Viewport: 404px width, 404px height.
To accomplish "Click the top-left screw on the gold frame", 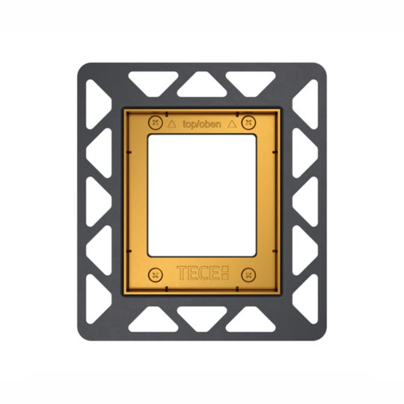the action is (x=156, y=123).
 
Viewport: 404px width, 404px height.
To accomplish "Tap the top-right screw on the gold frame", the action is (x=248, y=123).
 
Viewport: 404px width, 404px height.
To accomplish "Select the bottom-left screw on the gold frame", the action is (x=156, y=275).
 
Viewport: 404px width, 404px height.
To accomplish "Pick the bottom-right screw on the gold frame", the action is (x=248, y=275).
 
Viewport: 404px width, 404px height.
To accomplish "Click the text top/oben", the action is (x=202, y=124).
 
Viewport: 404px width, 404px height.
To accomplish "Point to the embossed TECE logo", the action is (x=203, y=273).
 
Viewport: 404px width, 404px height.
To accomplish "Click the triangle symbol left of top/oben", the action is (x=171, y=124).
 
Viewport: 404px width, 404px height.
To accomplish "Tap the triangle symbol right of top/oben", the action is (x=232, y=124).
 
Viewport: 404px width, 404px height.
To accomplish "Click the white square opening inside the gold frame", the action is (x=202, y=195).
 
